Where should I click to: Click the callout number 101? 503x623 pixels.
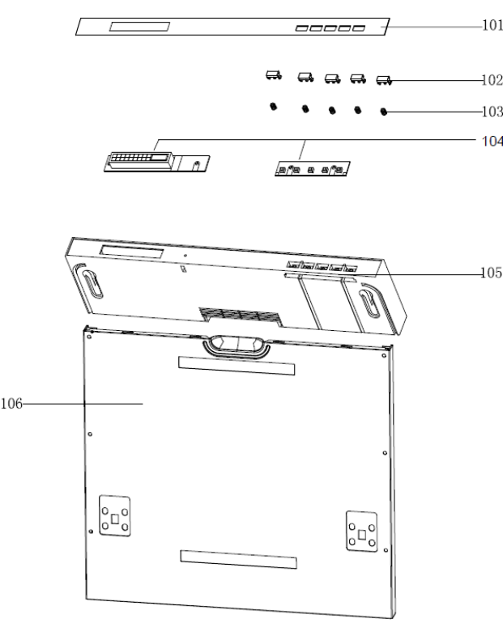tap(492, 25)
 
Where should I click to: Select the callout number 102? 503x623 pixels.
tap(492, 80)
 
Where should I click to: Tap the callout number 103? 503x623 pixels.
tap(492, 112)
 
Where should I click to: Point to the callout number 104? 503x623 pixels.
tap(492, 141)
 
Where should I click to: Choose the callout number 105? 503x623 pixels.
tap(491, 273)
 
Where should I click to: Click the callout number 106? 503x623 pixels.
tap(11, 404)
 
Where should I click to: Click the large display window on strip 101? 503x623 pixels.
tap(139, 27)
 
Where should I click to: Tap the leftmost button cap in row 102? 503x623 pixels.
tap(274, 75)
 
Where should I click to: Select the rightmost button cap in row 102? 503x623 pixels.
tap(384, 81)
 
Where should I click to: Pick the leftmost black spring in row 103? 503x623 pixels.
tap(273, 107)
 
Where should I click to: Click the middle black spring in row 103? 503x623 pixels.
tap(332, 110)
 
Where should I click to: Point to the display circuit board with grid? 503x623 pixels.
tap(156, 162)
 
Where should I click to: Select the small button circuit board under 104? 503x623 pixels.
tap(313, 169)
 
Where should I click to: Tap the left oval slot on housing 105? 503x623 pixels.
tap(89, 282)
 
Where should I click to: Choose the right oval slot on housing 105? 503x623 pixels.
tap(371, 301)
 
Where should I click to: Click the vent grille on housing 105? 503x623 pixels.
tap(240, 316)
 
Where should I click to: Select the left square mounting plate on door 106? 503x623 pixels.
tap(115, 515)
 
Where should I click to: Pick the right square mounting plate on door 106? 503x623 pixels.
tap(362, 532)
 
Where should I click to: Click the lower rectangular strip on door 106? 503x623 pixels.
tap(238, 559)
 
